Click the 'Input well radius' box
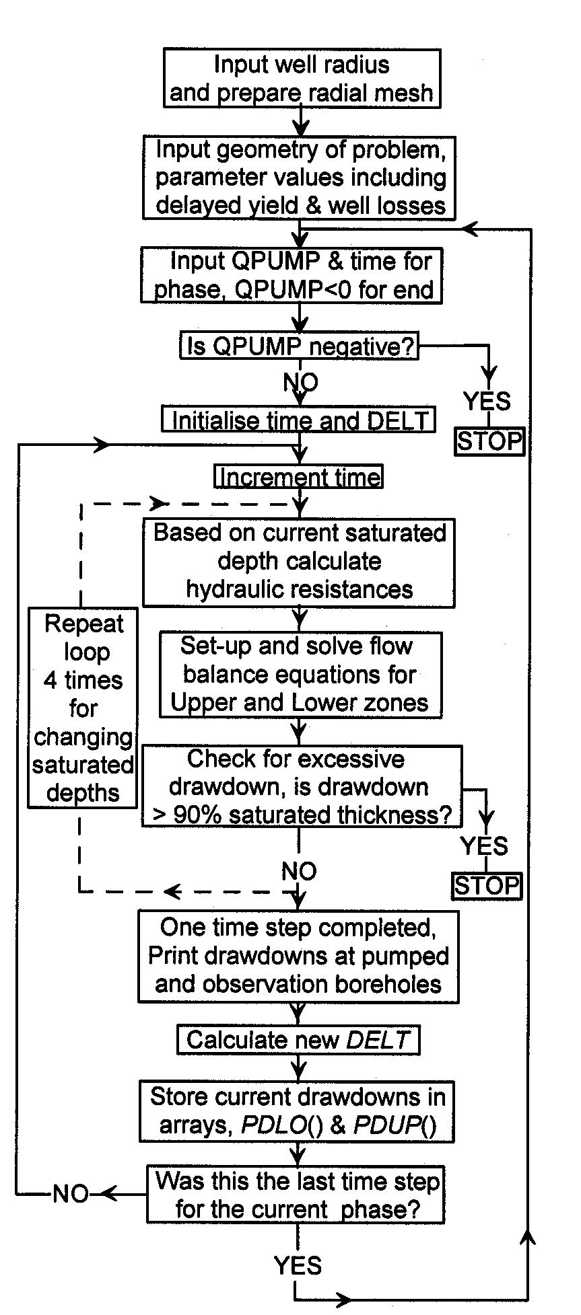click(302, 78)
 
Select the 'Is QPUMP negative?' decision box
click(299, 346)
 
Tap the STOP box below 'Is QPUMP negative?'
click(489, 441)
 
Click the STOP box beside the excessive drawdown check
click(487, 885)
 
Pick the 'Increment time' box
click(299, 477)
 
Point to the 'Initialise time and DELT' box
click(299, 420)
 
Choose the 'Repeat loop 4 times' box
click(83, 708)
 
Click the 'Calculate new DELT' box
click(298, 1040)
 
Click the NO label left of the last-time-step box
click(70, 1195)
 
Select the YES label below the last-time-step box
click(298, 1266)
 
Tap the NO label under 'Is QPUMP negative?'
click(300, 382)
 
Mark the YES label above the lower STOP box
click(484, 846)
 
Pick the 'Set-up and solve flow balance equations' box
click(301, 674)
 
